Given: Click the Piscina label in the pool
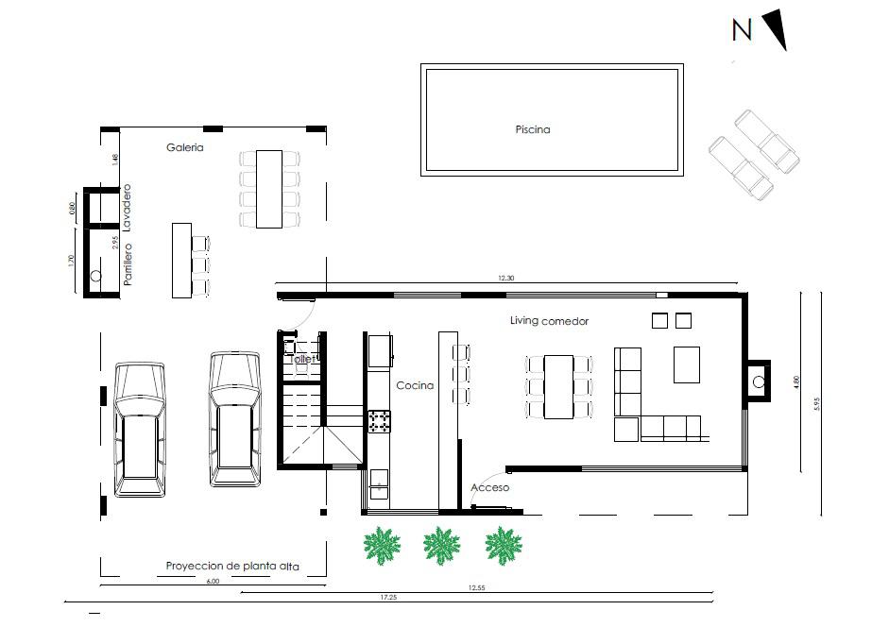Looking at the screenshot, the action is coord(532,129).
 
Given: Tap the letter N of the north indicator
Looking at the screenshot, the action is coord(742,30).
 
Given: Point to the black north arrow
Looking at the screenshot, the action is coord(776,29).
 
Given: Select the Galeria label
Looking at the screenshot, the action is coord(184,147).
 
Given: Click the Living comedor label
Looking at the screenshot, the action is coord(549,321).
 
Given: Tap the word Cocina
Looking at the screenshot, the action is coord(415,385).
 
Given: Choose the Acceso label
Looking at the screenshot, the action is coord(489,487).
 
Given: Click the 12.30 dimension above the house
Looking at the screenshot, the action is coord(506,278).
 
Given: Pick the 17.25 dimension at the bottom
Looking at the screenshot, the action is coord(388,598).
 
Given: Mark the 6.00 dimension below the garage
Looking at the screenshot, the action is coord(213,582).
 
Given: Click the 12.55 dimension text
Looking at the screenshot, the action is coord(476,587).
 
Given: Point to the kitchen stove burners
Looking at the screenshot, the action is coord(379,421).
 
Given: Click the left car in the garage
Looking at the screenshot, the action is coord(139,429).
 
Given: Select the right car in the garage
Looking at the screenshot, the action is coord(234,419).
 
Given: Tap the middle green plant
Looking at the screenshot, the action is coord(441,546).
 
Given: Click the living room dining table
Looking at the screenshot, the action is coord(558,387).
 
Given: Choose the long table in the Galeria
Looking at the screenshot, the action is coord(269,189).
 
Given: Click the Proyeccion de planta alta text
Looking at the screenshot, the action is coord(232,566).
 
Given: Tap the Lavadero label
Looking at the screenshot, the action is coord(127,208).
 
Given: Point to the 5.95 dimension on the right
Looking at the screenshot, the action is coord(816,403).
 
